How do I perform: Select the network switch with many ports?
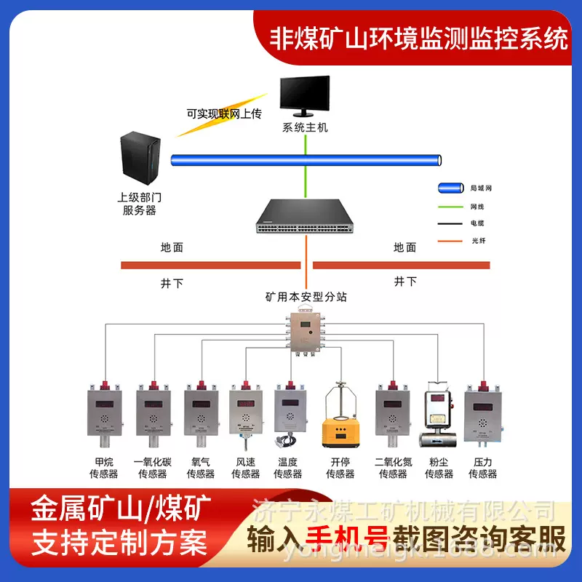pos(305,215)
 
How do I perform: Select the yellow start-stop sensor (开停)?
pos(340,422)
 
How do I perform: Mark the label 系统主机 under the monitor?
pos(306,128)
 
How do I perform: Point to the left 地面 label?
pos(172,247)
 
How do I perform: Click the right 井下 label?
pos(405,281)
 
